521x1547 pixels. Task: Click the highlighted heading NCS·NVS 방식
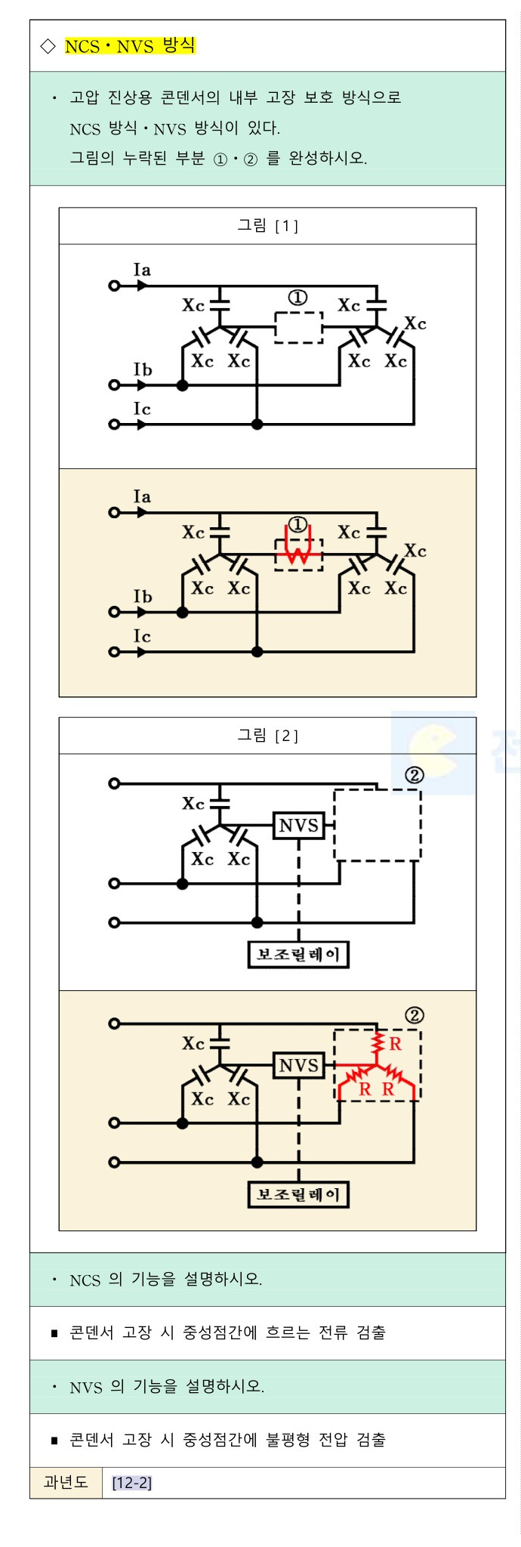(130, 46)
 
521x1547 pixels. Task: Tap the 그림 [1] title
(268, 225)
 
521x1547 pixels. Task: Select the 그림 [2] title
(268, 735)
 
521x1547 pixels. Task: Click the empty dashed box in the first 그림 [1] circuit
(298, 327)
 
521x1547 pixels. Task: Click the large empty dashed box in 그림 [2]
(377, 825)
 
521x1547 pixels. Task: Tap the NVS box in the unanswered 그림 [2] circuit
(299, 825)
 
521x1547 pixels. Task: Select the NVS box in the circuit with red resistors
(299, 1065)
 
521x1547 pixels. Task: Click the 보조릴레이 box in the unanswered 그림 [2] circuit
(298, 954)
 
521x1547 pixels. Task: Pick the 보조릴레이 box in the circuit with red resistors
(298, 1194)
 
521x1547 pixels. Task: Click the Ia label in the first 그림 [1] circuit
(142, 270)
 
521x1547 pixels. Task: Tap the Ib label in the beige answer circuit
(143, 597)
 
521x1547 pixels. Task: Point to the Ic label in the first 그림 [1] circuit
(142, 409)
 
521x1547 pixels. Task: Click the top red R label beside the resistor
(395, 1044)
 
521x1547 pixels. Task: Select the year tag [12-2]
(132, 1483)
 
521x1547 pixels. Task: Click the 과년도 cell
(66, 1482)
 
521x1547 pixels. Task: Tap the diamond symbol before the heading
(48, 47)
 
